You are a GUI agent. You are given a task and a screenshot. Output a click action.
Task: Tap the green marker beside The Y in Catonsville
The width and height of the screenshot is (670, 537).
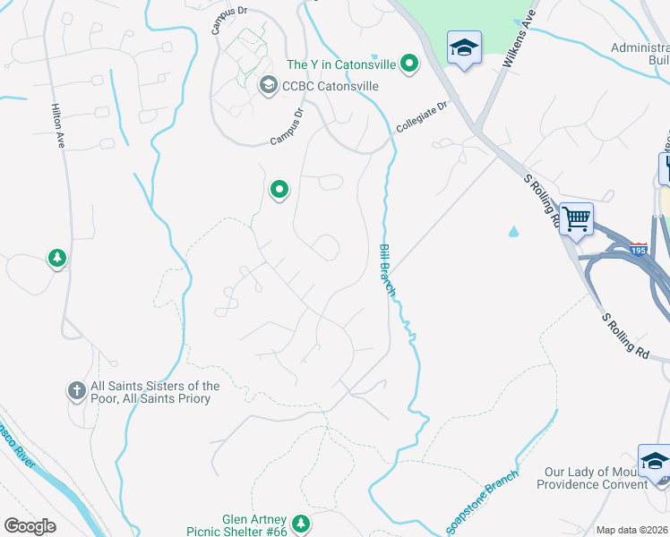pyautogui.click(x=409, y=64)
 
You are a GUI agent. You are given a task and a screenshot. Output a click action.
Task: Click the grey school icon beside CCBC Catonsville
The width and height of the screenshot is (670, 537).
pyautogui.click(x=267, y=86)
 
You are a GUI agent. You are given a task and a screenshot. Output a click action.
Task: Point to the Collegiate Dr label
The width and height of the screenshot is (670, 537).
pyautogui.click(x=421, y=116)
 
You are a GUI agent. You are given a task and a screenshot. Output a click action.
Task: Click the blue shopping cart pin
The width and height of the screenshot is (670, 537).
pyautogui.click(x=577, y=217)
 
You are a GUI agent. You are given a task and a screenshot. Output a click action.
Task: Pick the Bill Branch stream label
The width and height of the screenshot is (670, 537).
pyautogui.click(x=387, y=270)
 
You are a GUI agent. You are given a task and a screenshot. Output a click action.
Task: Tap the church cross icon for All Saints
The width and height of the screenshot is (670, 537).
pyautogui.click(x=76, y=391)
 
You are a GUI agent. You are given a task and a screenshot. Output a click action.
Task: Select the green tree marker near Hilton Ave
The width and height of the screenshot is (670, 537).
pyautogui.click(x=57, y=259)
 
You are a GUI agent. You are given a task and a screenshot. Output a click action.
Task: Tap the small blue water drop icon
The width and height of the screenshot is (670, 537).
pyautogui.click(x=513, y=231)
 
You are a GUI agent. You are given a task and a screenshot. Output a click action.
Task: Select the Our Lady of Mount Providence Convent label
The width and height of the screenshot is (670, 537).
pyautogui.click(x=591, y=478)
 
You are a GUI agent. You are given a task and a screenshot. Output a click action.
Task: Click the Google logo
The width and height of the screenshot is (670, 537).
pyautogui.click(x=30, y=526)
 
